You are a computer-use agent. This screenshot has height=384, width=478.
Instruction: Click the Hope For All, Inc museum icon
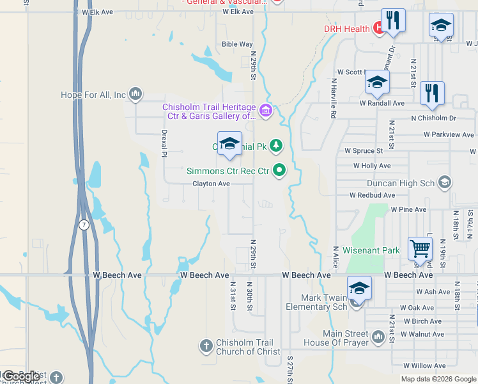(135, 95)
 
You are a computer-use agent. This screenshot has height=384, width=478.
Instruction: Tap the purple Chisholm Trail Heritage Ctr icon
(266, 111)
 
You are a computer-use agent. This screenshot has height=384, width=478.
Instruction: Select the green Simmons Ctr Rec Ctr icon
(279, 170)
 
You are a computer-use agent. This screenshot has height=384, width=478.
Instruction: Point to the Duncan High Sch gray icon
(445, 183)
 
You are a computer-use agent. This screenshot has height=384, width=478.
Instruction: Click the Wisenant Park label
(371, 250)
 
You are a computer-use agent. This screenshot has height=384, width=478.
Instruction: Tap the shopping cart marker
(419, 248)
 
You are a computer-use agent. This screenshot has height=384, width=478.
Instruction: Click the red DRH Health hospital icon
(378, 29)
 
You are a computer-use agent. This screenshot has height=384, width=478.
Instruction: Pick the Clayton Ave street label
(211, 184)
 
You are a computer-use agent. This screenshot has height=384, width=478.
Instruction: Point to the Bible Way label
(237, 45)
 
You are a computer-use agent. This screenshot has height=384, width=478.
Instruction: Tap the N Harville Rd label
(334, 99)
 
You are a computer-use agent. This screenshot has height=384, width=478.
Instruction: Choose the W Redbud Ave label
(372, 195)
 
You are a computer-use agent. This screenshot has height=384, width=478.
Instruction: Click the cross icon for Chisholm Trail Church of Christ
(206, 346)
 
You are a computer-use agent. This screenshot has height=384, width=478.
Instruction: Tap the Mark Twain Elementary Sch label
(315, 302)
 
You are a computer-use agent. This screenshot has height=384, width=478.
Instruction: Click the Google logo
(21, 377)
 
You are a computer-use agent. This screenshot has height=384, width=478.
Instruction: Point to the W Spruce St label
(364, 151)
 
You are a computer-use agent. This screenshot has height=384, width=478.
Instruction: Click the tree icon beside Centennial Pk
(275, 146)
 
